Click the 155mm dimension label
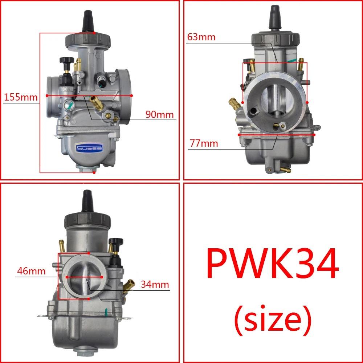tap(21, 97)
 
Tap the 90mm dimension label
tap(160, 114)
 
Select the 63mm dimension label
tap(201, 37)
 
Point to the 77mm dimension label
tap(204, 143)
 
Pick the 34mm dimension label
tap(155, 284)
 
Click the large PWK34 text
tap(272, 264)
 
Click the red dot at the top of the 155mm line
tap(94, 33)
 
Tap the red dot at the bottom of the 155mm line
tap(94, 173)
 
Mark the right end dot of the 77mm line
tap(314, 134)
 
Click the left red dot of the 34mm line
tap(68, 277)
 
